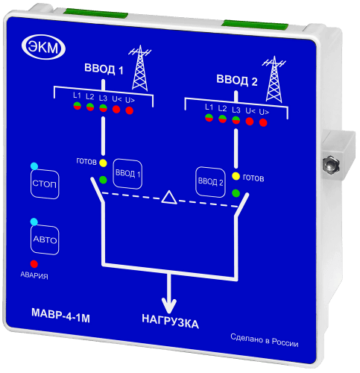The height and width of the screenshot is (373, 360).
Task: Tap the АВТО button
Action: (45, 240)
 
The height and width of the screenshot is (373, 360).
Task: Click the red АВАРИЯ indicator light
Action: (34, 264)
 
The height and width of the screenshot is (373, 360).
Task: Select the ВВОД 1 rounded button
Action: (127, 173)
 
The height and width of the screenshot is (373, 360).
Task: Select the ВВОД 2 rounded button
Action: (210, 182)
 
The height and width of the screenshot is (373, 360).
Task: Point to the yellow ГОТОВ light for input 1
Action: (103, 163)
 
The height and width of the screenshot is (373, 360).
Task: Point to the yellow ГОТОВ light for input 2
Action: (236, 176)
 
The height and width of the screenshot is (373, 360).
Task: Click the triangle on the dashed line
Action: (169, 198)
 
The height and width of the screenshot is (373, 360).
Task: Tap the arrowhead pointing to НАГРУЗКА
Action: (169, 306)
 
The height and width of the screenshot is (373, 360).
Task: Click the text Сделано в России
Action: (265, 340)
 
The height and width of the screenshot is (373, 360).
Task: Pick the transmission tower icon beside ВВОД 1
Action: (140, 68)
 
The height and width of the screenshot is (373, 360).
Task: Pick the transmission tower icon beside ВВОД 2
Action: (274, 79)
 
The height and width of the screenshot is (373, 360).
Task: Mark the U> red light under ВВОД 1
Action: (130, 110)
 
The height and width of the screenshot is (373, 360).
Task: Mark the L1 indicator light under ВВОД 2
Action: (209, 118)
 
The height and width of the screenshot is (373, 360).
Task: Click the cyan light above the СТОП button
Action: (34, 166)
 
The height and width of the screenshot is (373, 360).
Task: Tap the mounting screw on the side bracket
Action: (331, 163)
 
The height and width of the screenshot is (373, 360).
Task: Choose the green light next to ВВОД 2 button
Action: (236, 193)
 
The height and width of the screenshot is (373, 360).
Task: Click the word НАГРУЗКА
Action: (171, 322)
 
